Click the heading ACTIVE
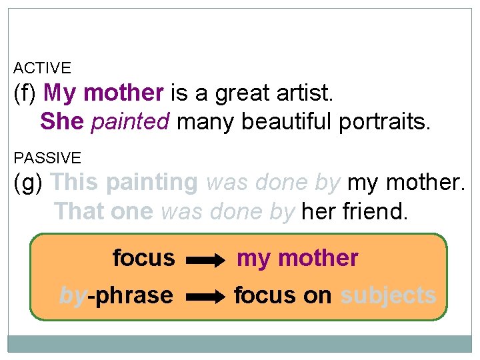click(x=42, y=68)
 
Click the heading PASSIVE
click(x=47, y=158)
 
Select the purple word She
click(x=62, y=121)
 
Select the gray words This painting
click(x=124, y=183)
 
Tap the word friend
click(x=378, y=211)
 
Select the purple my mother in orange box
click(x=297, y=259)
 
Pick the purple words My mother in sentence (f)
click(x=103, y=93)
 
